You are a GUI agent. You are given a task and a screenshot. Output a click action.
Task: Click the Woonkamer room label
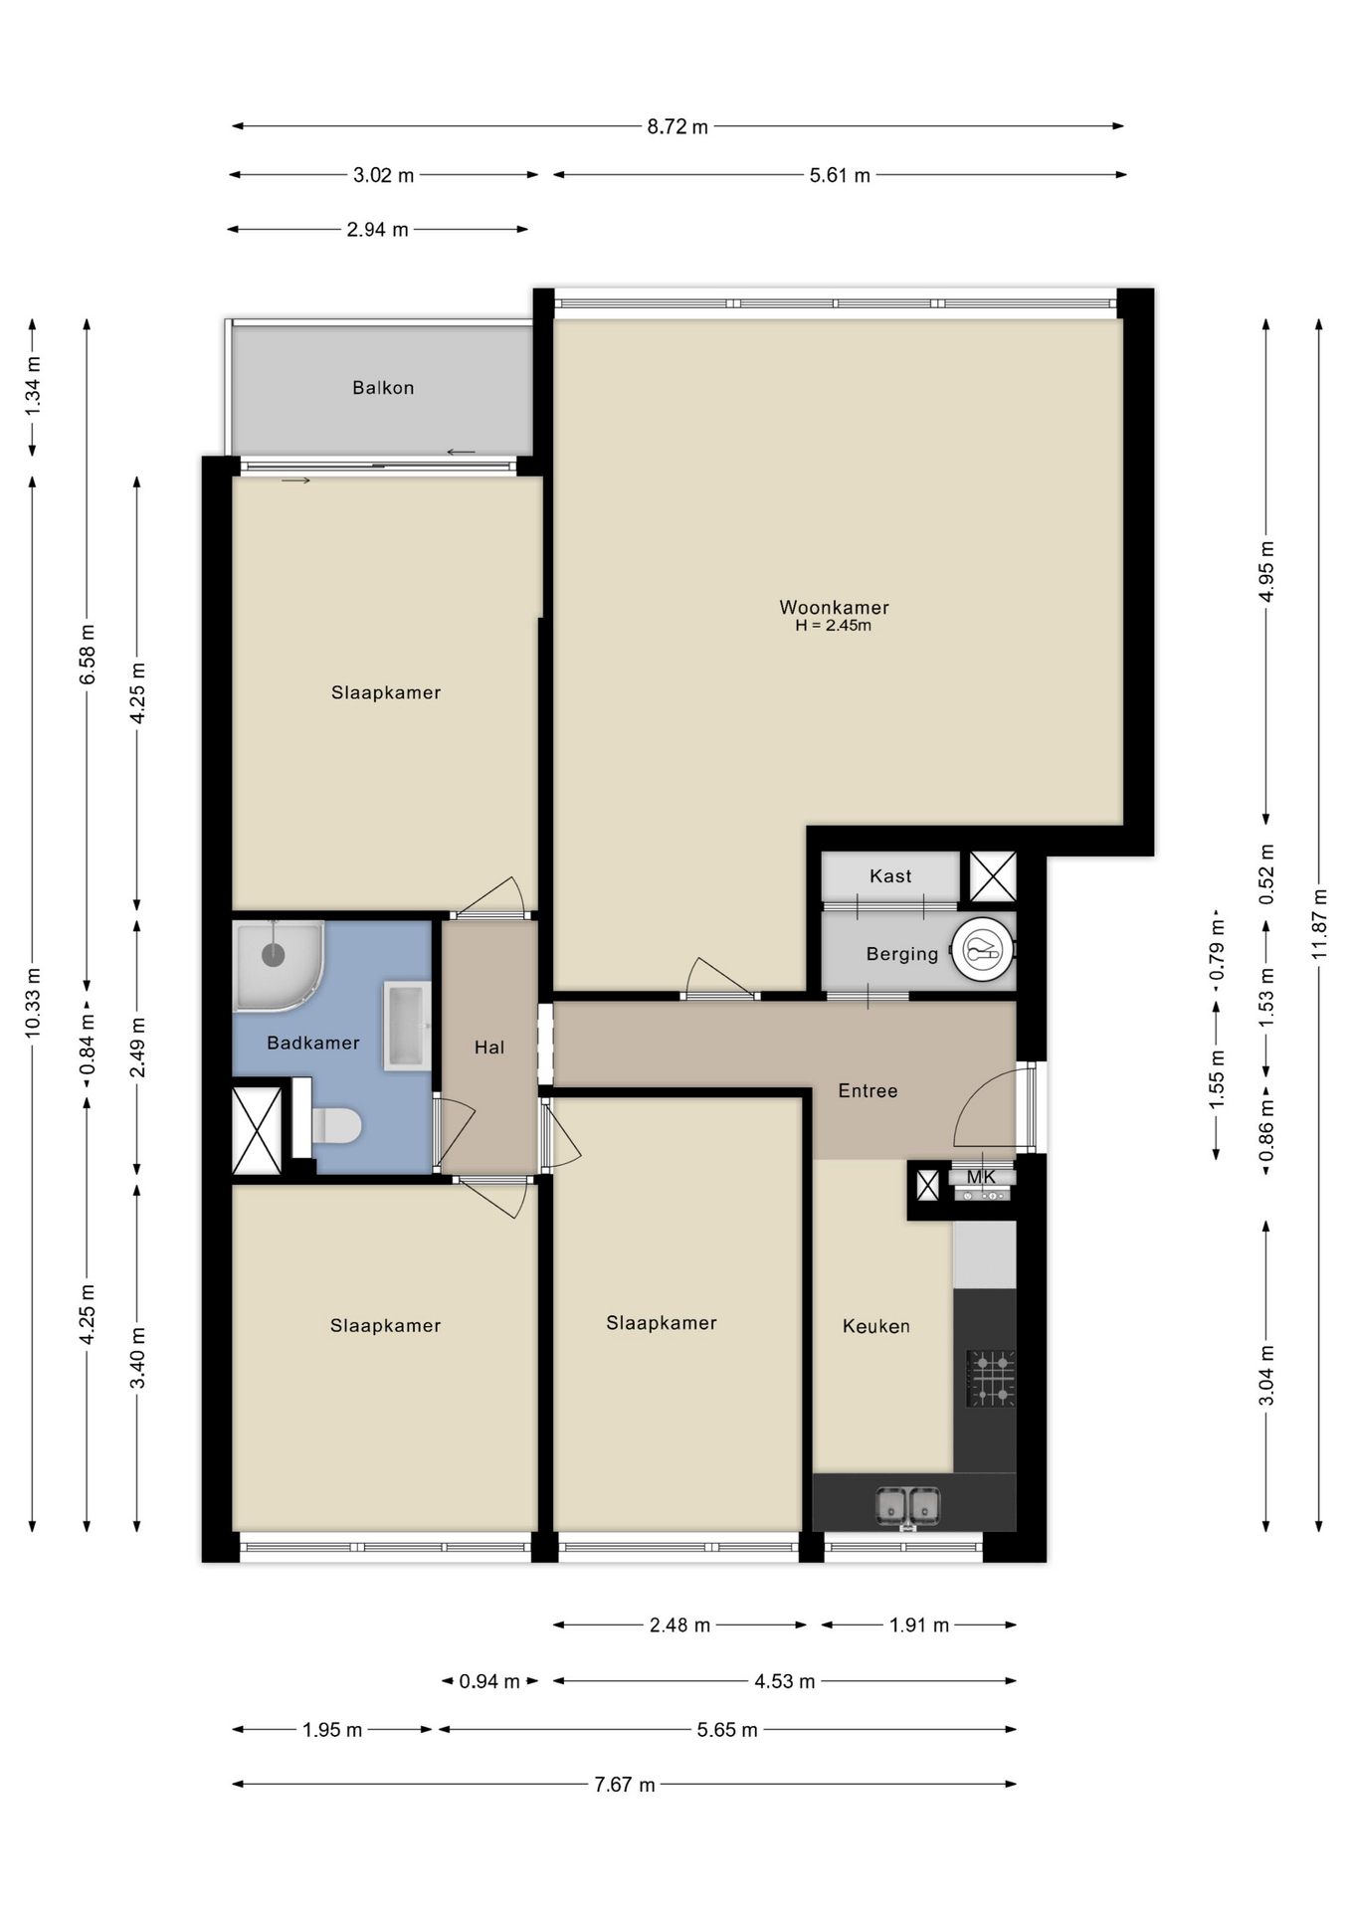coord(833,607)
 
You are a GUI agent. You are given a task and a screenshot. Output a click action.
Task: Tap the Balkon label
coord(383,388)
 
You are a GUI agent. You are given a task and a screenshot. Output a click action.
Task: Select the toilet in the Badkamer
coord(335,1126)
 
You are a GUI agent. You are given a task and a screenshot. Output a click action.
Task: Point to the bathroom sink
coord(408,1026)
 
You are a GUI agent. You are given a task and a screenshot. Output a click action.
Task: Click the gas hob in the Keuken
coord(991,1378)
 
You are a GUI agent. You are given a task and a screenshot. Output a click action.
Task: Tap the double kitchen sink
coord(907,1505)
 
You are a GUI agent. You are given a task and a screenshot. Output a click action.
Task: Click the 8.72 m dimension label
coord(677,127)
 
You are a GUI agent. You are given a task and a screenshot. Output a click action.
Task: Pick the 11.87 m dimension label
coord(1319,923)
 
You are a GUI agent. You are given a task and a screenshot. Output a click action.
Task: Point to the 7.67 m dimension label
coord(624,1785)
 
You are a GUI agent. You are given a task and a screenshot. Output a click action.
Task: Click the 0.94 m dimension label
coord(488,1681)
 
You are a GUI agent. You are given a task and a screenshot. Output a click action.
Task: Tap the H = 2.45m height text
coord(833,626)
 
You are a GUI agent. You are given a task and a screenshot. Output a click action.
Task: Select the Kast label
coord(889,876)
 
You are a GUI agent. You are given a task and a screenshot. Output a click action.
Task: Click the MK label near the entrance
coord(981,1177)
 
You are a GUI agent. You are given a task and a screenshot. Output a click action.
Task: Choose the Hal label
coord(488,1048)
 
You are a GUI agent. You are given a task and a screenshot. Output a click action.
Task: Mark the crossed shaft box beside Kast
coord(993,876)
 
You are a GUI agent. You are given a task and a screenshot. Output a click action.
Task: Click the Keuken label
coord(875,1326)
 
